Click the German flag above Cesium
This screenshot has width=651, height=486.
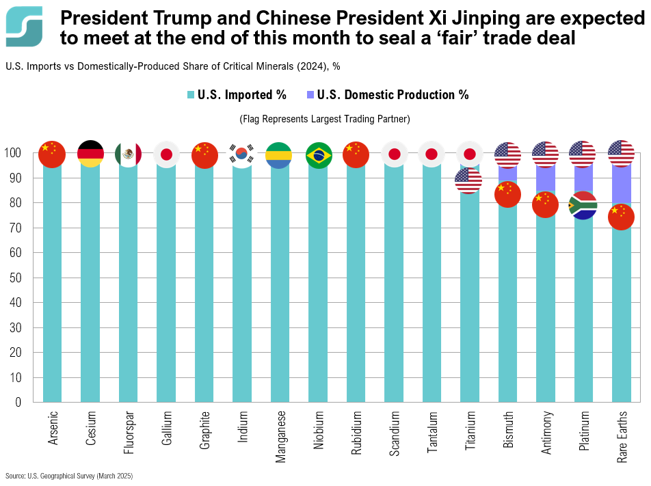point(90,154)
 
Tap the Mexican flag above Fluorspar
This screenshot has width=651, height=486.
point(128,154)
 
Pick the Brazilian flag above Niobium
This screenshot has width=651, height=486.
point(317,155)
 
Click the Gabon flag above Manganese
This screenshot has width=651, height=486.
point(279,155)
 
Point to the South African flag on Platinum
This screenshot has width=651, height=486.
point(583,205)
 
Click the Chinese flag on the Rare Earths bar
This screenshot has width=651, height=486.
point(621,217)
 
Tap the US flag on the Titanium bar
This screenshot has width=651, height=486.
point(468,180)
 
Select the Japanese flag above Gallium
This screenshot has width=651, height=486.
point(166,154)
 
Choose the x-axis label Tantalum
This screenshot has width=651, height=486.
point(431,432)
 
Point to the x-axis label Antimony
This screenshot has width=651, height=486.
point(545,433)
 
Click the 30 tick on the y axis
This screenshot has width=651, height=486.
point(15,327)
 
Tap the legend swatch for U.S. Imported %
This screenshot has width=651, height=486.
point(190,95)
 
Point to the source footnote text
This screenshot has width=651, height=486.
point(69,475)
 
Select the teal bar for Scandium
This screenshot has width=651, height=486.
point(393,287)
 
